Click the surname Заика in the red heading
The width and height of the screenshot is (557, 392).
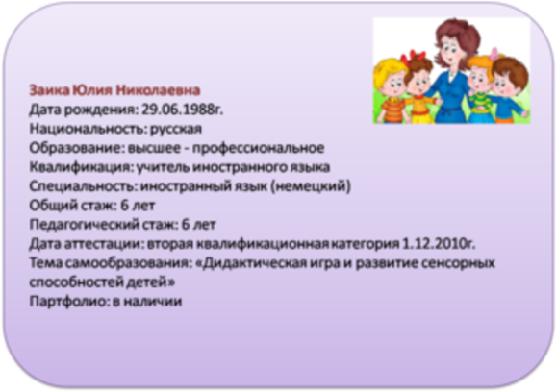click(49, 90)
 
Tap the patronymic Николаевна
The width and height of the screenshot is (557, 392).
click(158, 90)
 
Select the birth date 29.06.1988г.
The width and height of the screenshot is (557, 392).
click(183, 110)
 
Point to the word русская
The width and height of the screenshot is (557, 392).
click(176, 130)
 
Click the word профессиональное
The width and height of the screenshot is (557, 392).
click(258, 148)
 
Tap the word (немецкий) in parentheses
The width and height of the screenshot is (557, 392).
click(311, 186)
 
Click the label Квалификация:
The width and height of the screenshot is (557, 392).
click(81, 167)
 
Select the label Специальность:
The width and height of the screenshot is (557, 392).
click(83, 186)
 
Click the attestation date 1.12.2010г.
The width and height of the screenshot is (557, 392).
click(439, 244)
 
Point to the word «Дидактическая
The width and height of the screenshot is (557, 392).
click(251, 263)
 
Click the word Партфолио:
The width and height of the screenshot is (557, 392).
click(68, 301)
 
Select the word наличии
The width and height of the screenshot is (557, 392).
click(154, 301)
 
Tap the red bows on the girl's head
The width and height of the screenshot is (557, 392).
click(413, 57)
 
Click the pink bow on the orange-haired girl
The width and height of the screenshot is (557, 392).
click(494, 54)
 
